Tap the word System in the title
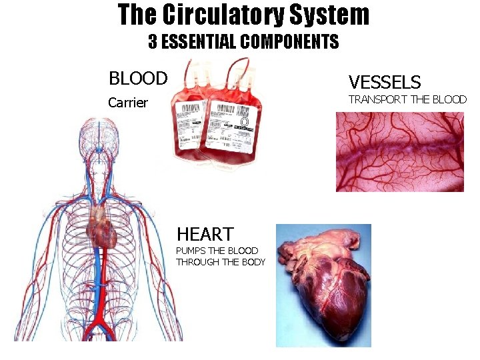334,15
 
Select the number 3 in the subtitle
153,43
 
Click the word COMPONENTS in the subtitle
289,43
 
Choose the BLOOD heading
138,79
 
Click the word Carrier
128,103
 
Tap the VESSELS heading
385,83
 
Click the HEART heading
205,234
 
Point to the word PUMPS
191,251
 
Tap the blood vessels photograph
399,151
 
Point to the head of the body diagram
100,137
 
